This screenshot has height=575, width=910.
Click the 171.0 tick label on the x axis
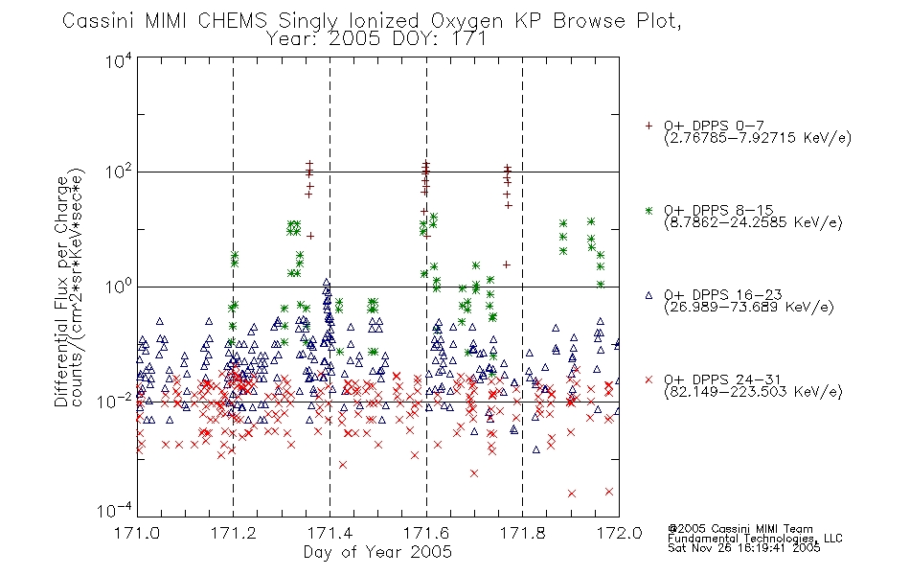click(137, 533)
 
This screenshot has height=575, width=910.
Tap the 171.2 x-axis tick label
click(234, 533)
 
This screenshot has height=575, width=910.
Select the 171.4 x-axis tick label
click(330, 533)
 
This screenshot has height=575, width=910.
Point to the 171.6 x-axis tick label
click(426, 533)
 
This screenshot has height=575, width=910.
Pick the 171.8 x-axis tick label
click(522, 533)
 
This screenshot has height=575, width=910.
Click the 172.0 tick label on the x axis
click(619, 533)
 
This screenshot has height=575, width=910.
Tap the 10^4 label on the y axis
click(119, 60)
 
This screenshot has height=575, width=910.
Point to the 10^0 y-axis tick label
click(119, 287)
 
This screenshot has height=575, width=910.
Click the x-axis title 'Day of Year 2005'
click(377, 552)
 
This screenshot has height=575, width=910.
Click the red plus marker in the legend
click(648, 126)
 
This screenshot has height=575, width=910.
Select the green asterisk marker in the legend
click(648, 211)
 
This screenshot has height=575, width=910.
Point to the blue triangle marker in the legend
click(648, 295)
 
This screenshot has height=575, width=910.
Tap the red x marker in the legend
click(648, 379)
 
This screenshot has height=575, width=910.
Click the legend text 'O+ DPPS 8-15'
click(718, 210)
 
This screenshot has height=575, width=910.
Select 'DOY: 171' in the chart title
click(439, 39)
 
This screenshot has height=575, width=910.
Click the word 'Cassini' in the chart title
click(99, 21)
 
